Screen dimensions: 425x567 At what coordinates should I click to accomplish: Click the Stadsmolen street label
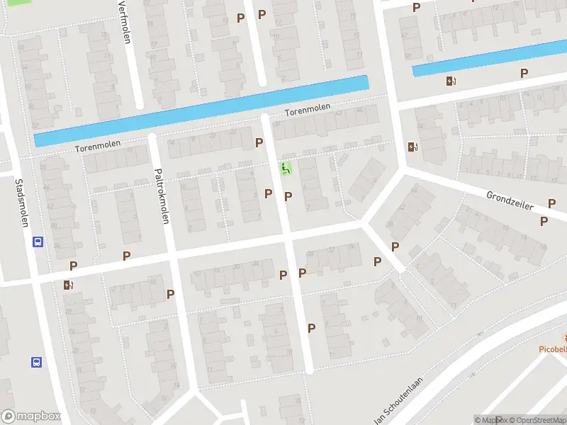[21, 202]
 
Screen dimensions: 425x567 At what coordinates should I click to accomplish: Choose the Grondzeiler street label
[509, 200]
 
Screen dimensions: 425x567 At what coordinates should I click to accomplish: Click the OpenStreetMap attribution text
[534, 420]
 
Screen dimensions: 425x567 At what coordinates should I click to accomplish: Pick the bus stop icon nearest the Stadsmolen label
[37, 242]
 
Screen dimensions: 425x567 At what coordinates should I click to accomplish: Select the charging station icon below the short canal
[451, 81]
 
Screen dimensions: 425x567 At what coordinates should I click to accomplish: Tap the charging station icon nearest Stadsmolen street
[68, 285]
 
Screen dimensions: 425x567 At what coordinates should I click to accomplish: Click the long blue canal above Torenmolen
[202, 110]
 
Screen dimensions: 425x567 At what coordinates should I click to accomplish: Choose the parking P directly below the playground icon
[288, 196]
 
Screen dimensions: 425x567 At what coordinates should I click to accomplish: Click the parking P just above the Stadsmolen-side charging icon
[73, 266]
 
